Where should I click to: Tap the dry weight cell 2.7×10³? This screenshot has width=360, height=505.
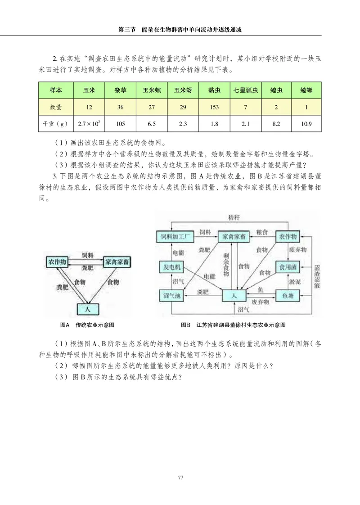point(89,123)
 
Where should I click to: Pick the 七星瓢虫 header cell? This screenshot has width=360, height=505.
point(245,90)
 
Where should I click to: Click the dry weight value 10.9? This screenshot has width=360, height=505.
point(307,123)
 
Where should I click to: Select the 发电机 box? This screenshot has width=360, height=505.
point(171,267)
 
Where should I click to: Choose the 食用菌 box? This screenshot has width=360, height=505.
point(287,267)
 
